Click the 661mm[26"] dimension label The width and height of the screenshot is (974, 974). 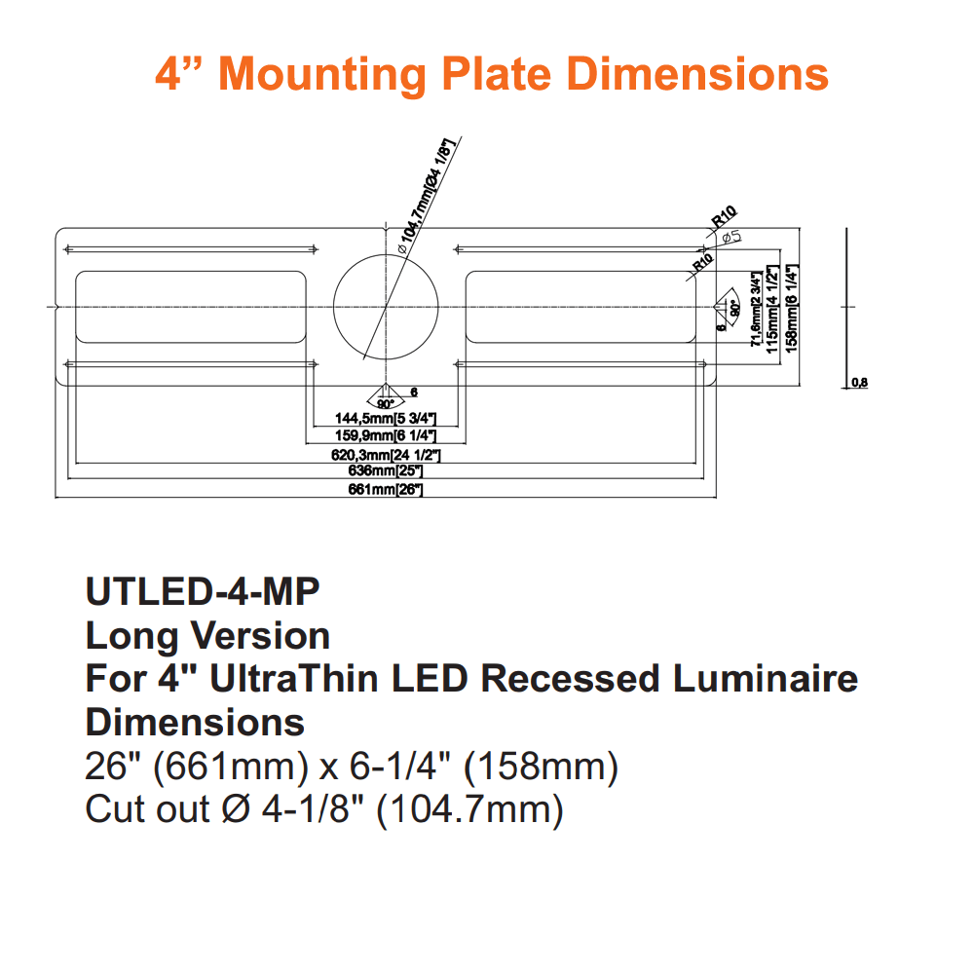(386, 490)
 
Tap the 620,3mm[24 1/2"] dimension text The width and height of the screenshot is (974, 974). (387, 455)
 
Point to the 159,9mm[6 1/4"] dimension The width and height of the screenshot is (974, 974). (387, 435)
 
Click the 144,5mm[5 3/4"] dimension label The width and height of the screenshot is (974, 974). (387, 418)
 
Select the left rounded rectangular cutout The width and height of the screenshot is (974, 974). (191, 306)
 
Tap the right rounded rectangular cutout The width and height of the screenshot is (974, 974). (581, 306)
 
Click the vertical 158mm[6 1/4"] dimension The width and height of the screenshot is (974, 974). (793, 306)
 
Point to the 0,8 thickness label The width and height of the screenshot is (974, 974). (859, 383)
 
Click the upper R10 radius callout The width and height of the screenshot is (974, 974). (725, 214)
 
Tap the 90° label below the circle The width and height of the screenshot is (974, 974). (385, 403)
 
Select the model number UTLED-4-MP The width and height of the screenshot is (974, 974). (203, 592)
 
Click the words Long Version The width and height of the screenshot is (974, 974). (207, 636)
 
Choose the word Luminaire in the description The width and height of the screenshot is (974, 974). (762, 679)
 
